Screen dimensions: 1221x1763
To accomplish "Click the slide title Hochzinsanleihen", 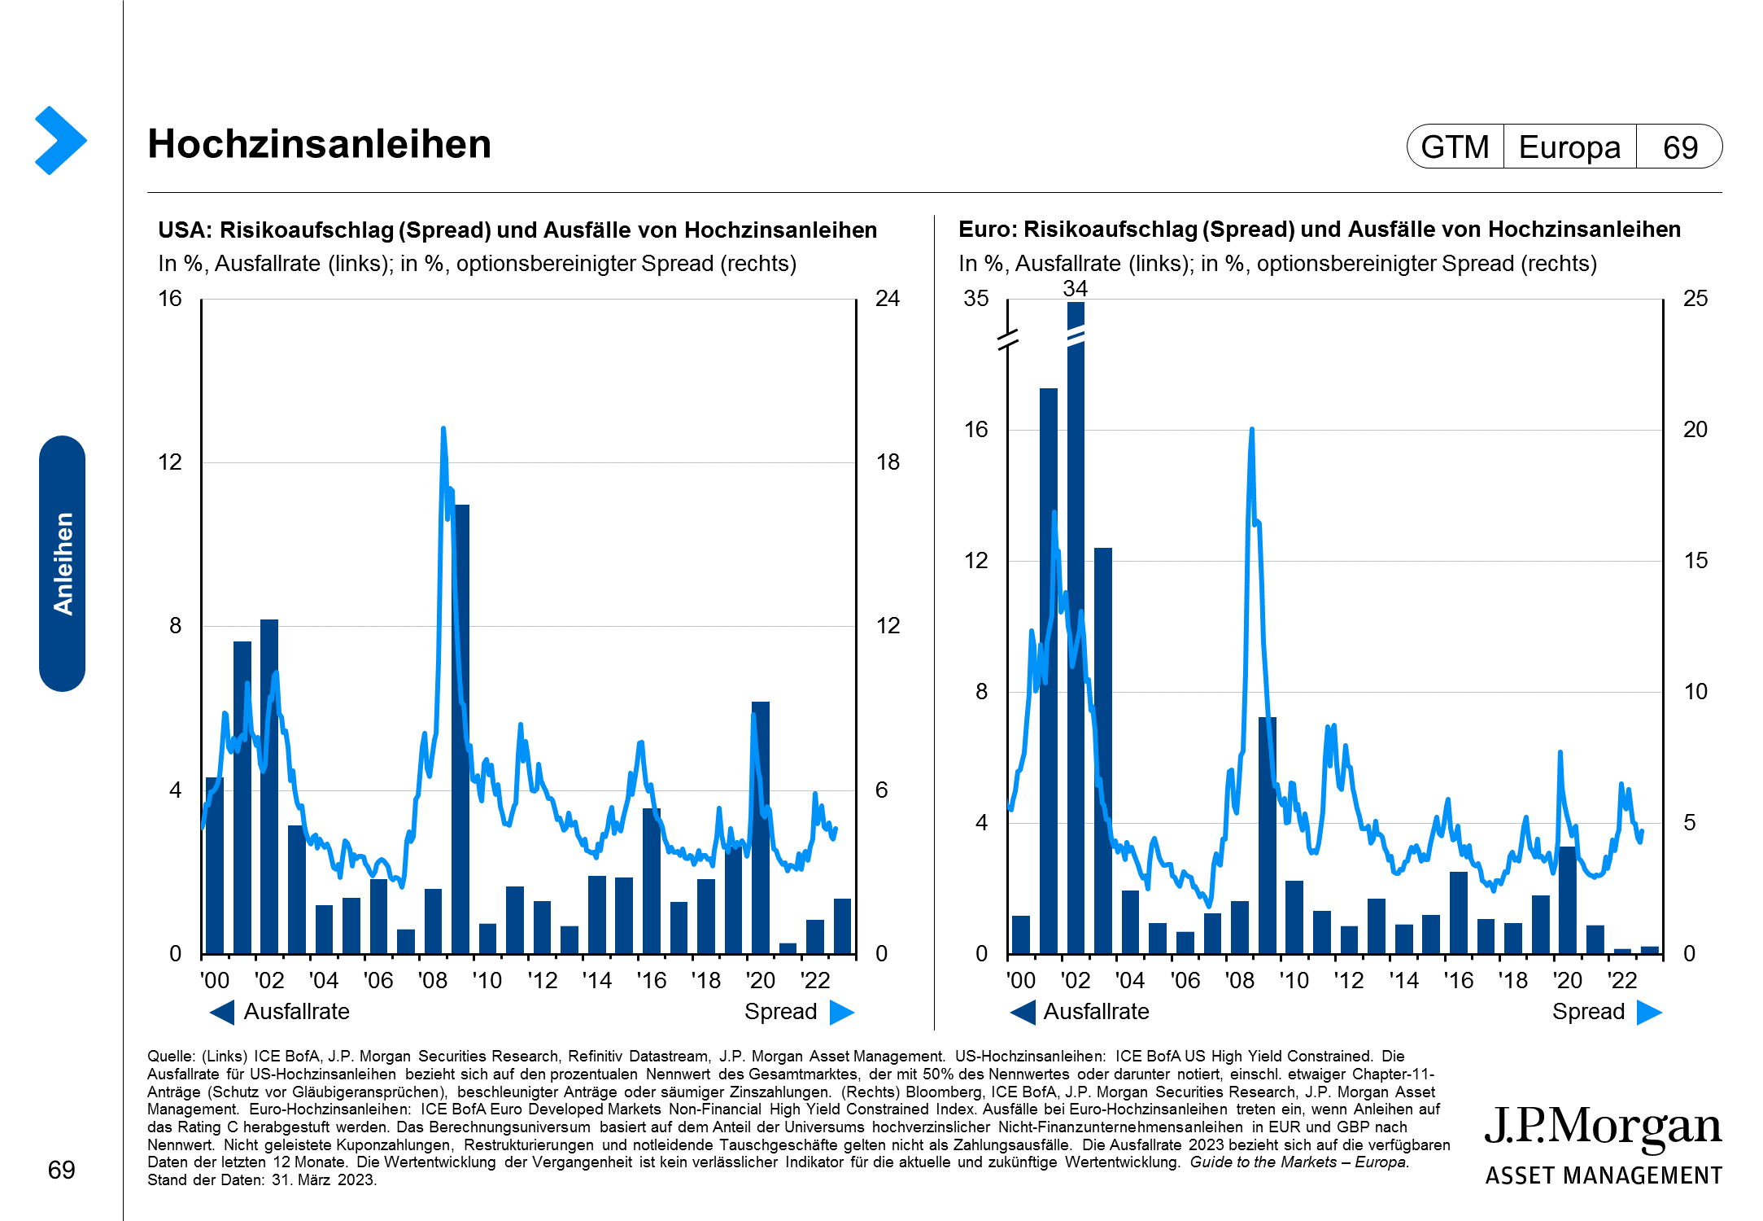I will [x=319, y=145].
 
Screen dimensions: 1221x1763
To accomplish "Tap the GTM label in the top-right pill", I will [x=1455, y=147].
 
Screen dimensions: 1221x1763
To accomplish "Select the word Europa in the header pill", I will [x=1569, y=147].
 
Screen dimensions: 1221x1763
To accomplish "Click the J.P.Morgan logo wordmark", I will [x=1603, y=1127].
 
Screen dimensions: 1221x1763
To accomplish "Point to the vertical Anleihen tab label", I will [x=63, y=563].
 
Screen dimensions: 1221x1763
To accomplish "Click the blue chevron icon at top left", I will [x=60, y=140].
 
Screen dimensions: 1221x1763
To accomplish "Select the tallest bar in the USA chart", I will [x=461, y=729].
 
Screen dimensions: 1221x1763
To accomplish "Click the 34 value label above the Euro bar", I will [x=1075, y=288].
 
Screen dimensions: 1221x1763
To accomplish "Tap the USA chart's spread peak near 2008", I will [x=443, y=429].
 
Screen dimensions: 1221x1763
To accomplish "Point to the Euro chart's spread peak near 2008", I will [x=1251, y=430].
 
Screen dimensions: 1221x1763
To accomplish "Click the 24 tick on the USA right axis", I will [x=888, y=299].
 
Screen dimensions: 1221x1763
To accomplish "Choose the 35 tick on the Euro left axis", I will [x=975, y=299].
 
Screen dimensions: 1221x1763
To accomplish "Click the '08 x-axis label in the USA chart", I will [x=432, y=980].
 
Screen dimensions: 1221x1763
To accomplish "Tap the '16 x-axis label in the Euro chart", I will [x=1458, y=980].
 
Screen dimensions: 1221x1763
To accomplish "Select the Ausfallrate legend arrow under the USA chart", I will [x=221, y=1012].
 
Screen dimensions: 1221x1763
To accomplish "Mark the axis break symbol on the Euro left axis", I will [x=1008, y=339].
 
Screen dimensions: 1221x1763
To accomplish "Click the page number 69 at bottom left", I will [x=61, y=1170].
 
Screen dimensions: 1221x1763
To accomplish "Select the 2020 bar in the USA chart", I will [x=761, y=827].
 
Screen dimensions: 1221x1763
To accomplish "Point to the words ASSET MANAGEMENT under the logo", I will [x=1603, y=1176].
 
